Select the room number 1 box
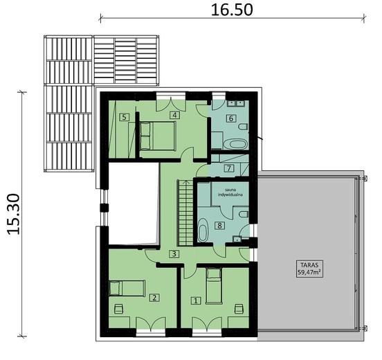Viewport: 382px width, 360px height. (196, 300)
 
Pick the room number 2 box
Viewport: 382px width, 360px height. (154, 298)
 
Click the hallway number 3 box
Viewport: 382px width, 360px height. (175, 254)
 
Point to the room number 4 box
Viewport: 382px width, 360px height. (175, 115)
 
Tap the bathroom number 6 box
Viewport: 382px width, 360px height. (231, 118)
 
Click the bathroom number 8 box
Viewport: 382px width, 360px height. (219, 225)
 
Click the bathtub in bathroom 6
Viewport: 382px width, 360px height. (237, 144)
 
